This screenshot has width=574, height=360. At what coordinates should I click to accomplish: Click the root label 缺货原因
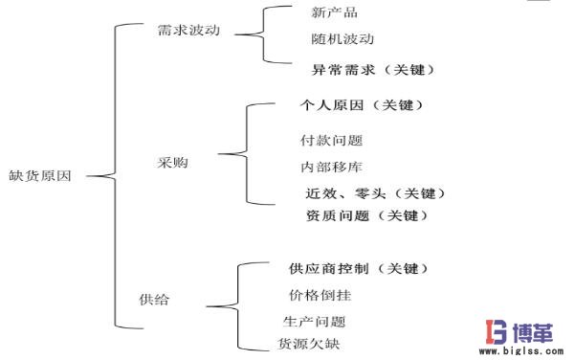(x=45, y=175)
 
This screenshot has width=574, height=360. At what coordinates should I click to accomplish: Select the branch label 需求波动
(x=188, y=30)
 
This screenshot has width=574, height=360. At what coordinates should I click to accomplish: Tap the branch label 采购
(x=172, y=163)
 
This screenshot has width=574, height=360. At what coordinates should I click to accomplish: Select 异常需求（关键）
(x=373, y=70)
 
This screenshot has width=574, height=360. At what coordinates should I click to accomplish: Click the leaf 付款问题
(x=331, y=141)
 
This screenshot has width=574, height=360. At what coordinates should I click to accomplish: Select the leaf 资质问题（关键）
(x=366, y=216)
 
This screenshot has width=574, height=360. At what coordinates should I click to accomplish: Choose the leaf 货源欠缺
(x=308, y=343)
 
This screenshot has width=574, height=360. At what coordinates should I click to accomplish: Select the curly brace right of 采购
(x=234, y=153)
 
